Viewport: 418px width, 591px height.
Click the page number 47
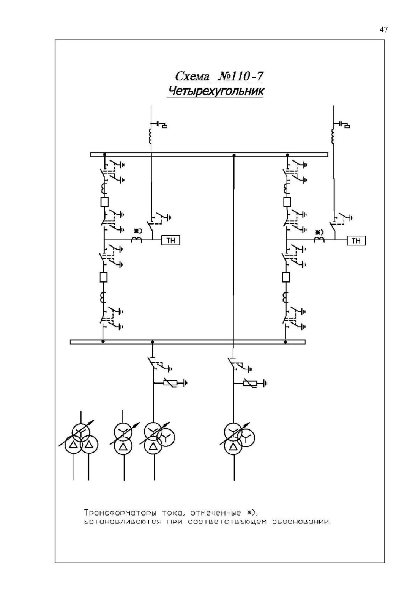coord(384,29)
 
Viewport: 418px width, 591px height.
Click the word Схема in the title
coord(192,76)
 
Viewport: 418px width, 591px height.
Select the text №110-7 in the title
coord(240,76)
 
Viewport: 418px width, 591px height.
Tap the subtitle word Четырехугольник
coord(215,91)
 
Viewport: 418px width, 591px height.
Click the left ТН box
coord(170,240)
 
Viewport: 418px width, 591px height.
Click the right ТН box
coord(356,240)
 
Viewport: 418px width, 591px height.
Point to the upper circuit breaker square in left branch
coord(104,202)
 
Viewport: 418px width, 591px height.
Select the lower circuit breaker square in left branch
coord(103,277)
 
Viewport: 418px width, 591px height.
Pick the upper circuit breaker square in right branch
coord(287,202)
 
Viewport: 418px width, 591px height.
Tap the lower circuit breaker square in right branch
coord(286,277)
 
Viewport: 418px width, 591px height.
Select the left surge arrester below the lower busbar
coord(170,382)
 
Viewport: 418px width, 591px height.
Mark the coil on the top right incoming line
coord(333,136)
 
